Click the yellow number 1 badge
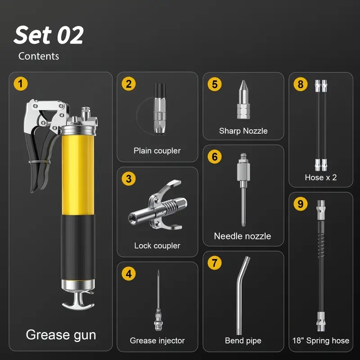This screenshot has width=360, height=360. click(x=21, y=84)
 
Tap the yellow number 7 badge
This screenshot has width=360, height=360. click(x=215, y=263)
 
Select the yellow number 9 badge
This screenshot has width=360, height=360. click(x=301, y=204)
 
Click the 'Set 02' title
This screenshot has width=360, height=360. click(x=49, y=35)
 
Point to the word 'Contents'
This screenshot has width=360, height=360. click(x=39, y=56)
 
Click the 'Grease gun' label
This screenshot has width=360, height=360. click(x=61, y=335)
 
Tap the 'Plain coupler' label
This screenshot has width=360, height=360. click(x=157, y=151)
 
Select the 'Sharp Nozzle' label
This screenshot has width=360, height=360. click(x=243, y=131)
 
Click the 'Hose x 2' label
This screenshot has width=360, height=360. click(x=321, y=177)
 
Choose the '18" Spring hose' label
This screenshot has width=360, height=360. click(x=321, y=341)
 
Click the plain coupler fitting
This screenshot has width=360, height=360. click(x=160, y=109)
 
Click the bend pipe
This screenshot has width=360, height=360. click(x=241, y=296)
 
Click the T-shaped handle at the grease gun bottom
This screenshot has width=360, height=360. click(x=78, y=301)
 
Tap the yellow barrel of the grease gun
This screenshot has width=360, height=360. click(x=78, y=175)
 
